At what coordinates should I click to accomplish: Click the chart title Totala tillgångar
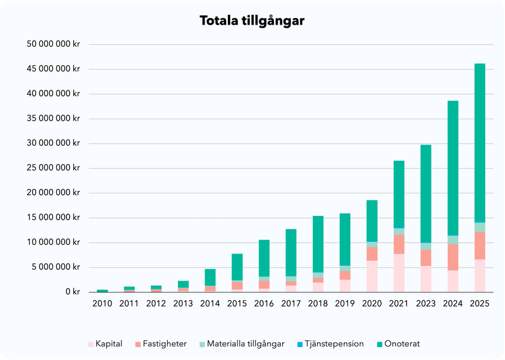[x=252, y=21]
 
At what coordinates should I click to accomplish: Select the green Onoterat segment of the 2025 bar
[x=479, y=142]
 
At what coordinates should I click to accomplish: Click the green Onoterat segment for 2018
[x=318, y=244]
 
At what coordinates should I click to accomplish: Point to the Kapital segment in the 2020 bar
[x=371, y=276]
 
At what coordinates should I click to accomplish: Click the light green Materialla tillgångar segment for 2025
[x=479, y=227]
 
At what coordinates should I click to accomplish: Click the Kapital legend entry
[x=105, y=344]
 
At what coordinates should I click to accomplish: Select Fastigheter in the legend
[x=161, y=344]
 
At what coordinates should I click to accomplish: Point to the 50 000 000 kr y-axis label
[x=54, y=45]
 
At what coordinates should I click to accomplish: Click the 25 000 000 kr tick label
[x=54, y=168]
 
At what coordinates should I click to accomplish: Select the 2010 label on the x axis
[x=102, y=303]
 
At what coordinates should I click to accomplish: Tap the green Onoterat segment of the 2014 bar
[x=210, y=277]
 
